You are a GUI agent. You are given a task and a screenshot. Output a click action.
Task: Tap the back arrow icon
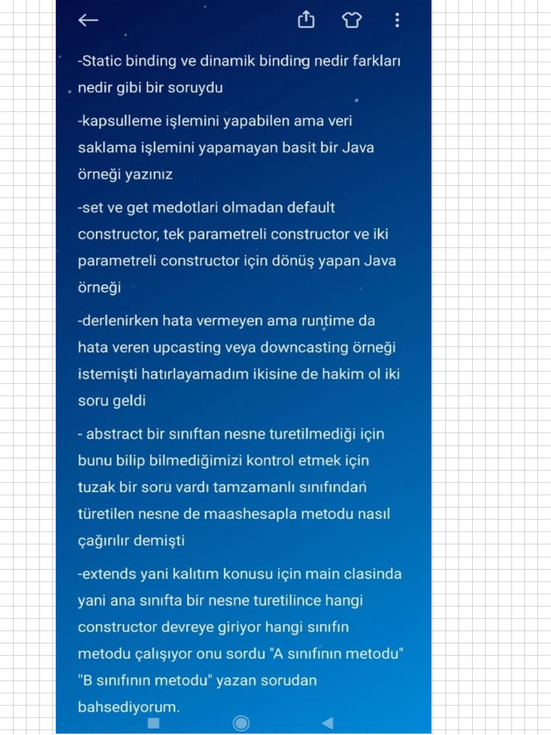coord(88,20)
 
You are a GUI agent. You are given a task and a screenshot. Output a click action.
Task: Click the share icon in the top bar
coord(306,20)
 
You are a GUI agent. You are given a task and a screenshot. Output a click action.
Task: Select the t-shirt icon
coord(352,20)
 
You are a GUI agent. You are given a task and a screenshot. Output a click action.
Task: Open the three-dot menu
coord(397,20)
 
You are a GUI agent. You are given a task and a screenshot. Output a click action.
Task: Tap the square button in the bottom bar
coord(153,723)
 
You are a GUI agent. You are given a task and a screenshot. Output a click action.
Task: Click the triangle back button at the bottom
coord(327,723)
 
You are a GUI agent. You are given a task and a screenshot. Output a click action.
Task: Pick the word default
coord(311,208)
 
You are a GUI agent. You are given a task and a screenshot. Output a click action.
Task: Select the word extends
coord(107,574)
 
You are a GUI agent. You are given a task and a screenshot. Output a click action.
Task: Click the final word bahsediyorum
coord(128,707)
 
